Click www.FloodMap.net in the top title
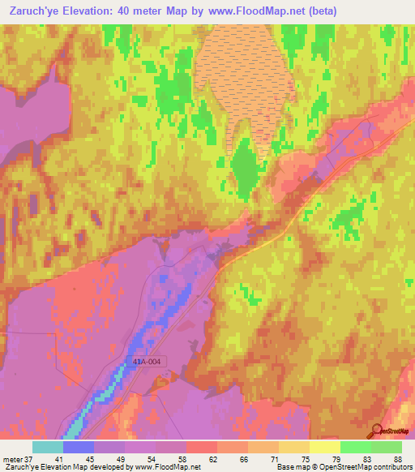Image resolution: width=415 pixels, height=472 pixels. (252, 11)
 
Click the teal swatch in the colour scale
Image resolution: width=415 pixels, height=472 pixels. (48, 447)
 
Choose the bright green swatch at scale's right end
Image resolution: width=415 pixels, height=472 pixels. (387, 447)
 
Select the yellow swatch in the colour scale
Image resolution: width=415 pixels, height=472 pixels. (325, 447)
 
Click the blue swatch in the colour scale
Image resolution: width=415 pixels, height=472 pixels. (79, 447)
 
